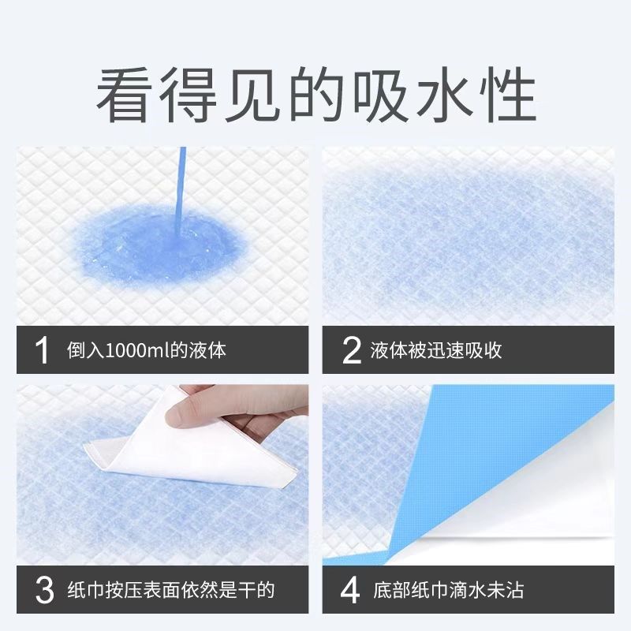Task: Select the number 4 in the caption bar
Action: [x=352, y=589]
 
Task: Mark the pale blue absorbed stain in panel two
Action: [x=465, y=237]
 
